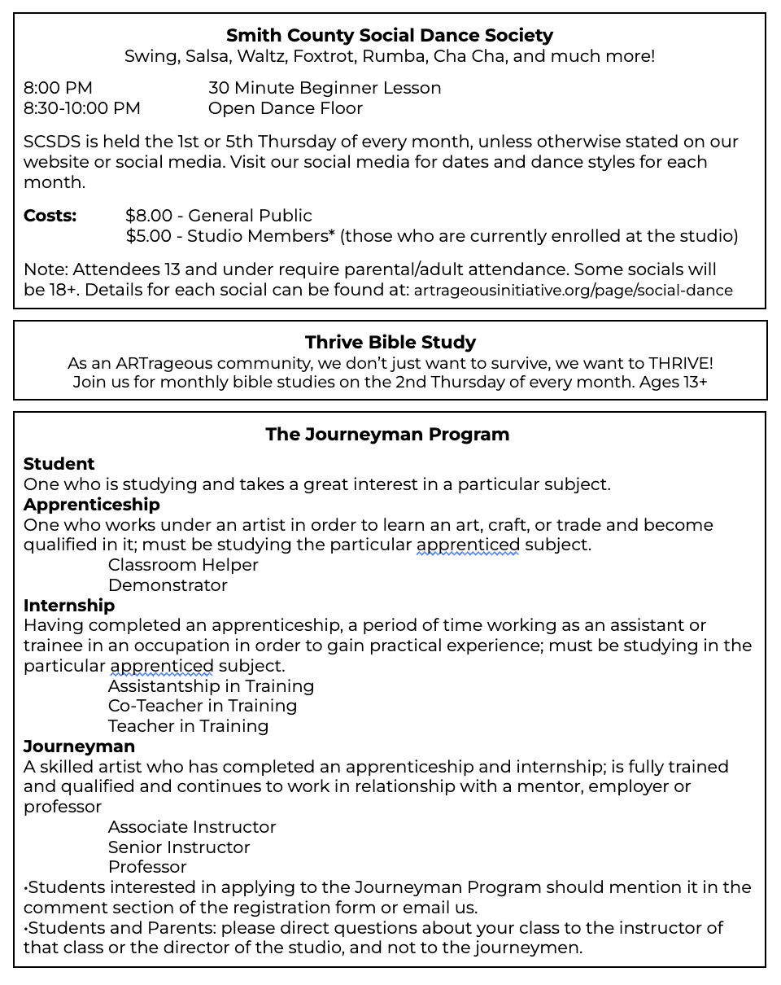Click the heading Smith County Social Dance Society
pos(389,36)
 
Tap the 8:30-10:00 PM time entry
pos(81,108)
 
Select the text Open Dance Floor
pos(285,108)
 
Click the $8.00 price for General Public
pos(149,216)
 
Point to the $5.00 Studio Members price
pos(149,236)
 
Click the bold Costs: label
pos(50,216)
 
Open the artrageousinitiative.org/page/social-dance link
pos(573,291)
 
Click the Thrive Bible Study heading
pos(390,343)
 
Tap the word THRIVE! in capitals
pos(681,363)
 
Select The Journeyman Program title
pos(387,435)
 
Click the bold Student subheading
pos(59,464)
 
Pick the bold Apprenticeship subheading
pos(91,505)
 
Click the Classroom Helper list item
pos(183,565)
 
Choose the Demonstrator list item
pos(168,585)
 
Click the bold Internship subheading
pos(69,606)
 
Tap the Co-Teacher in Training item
pos(203,706)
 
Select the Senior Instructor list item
pos(179,847)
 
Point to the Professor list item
pos(147,867)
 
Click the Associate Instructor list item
pos(192,827)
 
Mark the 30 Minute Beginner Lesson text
pos(325,88)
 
